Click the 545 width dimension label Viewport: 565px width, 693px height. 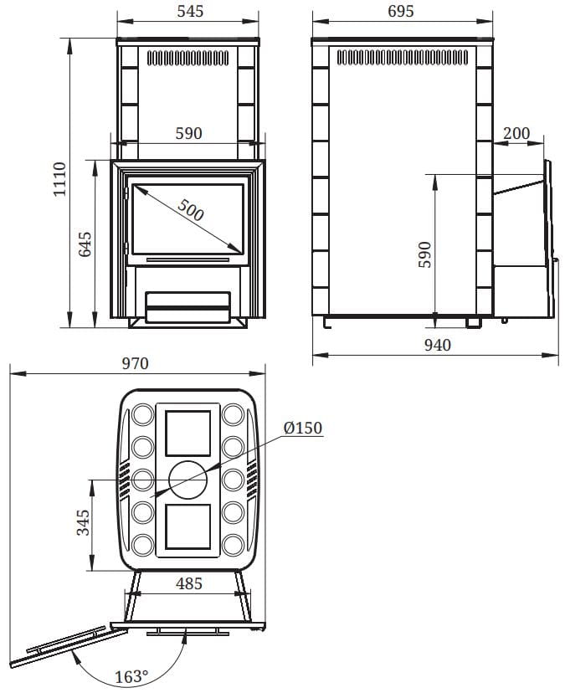point(190,11)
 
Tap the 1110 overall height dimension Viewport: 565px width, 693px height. point(59,179)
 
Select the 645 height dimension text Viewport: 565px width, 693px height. point(85,244)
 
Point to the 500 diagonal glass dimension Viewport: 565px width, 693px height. point(191,209)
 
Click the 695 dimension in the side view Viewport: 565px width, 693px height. point(401,11)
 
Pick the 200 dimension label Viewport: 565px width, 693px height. point(516,132)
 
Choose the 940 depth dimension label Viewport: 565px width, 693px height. point(437,345)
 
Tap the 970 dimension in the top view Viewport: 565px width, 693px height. point(135,363)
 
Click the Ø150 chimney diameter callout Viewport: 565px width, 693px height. point(303,428)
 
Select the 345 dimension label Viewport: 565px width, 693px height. point(83,522)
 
